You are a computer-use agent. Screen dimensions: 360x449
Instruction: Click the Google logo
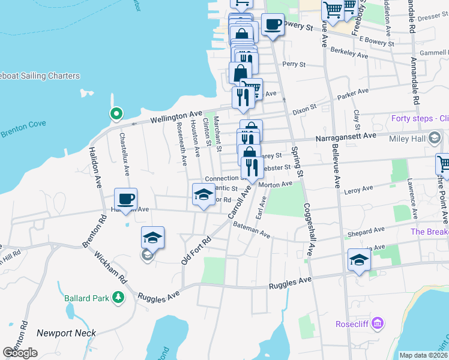click(20, 353)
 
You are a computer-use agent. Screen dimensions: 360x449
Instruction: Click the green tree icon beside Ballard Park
click(119, 296)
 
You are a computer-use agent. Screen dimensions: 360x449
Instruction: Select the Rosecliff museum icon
click(377, 323)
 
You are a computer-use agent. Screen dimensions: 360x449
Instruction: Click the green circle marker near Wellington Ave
click(115, 113)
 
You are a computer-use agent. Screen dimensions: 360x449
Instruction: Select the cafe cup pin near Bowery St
click(273, 25)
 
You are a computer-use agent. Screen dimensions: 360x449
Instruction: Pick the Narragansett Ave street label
click(346, 136)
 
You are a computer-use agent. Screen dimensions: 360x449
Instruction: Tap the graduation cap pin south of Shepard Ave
click(358, 260)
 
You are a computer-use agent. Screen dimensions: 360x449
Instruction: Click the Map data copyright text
click(423, 355)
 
